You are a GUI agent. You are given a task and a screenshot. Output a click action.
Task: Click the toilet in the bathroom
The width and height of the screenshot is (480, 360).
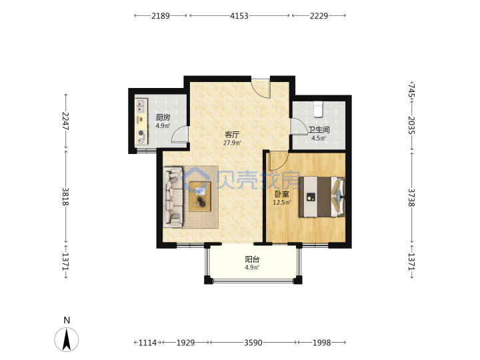tap(319, 109)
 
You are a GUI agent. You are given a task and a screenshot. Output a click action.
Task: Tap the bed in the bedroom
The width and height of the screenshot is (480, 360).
tap(322, 197)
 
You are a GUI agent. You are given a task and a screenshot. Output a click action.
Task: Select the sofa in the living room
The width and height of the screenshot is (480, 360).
tap(173, 197)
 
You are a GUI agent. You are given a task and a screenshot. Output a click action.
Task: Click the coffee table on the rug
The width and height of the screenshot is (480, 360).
tap(200, 197)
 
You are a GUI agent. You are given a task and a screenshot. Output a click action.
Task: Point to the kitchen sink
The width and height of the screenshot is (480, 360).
tap(141, 105)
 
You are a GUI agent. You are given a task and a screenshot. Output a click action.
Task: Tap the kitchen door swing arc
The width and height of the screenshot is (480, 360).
tap(179, 134)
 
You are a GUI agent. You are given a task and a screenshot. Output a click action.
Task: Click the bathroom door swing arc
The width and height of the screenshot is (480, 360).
tap(299, 126)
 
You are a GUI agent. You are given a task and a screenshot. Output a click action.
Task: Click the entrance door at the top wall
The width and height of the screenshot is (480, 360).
tap(261, 89)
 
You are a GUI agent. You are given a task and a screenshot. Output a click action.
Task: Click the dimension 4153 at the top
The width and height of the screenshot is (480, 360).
tap(239, 16)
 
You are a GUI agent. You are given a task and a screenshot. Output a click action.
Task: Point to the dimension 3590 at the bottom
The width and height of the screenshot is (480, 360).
tap(253, 343)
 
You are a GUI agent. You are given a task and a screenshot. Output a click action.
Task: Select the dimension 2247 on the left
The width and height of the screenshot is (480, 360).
tap(65, 121)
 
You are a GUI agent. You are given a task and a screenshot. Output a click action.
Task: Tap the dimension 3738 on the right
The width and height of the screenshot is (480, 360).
tap(412, 197)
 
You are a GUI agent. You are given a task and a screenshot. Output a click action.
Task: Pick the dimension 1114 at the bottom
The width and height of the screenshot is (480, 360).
tap(147, 343)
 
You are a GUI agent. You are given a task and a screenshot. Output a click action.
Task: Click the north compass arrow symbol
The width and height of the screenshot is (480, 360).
tap(67, 339)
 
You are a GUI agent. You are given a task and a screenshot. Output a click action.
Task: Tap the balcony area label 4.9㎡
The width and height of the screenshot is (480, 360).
tap(252, 267)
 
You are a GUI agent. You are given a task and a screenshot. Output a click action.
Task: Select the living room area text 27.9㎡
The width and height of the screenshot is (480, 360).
tap(232, 143)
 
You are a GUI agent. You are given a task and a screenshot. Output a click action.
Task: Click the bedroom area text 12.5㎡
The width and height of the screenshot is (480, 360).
tap(281, 203)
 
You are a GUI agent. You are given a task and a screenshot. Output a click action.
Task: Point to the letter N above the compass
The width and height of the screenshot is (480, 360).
tap(67, 320)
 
